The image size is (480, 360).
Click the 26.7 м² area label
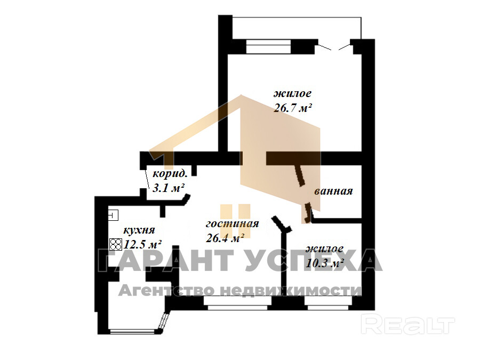pyautogui.click(x=293, y=108)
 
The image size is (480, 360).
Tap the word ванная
pyautogui.click(x=333, y=191)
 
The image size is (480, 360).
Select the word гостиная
pyautogui.click(x=233, y=223)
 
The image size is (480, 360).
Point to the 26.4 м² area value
pyautogui.click(x=225, y=237)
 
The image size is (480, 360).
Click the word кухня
pyautogui.click(x=139, y=230)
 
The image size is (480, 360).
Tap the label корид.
pyautogui.click(x=170, y=174)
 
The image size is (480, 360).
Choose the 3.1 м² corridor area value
pyautogui.click(x=168, y=187)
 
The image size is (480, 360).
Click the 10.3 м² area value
pyautogui.click(x=325, y=262)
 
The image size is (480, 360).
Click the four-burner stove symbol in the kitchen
pyautogui.click(x=116, y=244)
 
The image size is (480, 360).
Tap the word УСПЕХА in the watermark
pyautogui.click(x=314, y=260)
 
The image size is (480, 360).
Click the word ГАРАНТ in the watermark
pyautogui.click(x=166, y=260)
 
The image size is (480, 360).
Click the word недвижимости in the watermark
pyautogui.click(x=291, y=290)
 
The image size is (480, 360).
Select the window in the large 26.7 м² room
pyautogui.click(x=268, y=47)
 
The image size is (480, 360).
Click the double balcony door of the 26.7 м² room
pyautogui.click(x=334, y=47)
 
